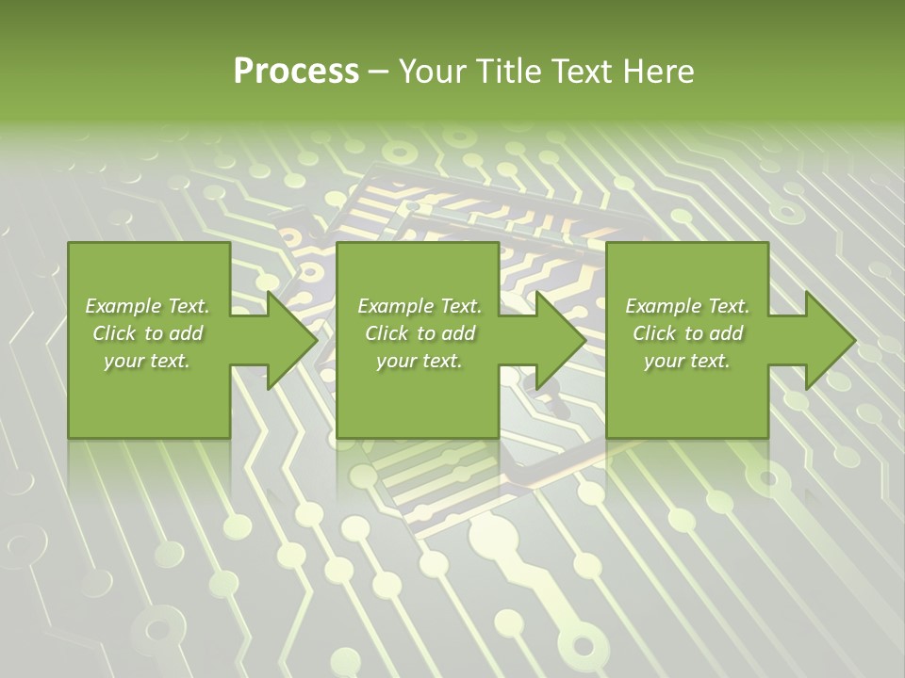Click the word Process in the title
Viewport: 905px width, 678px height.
click(296, 72)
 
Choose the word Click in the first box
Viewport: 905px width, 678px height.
click(114, 333)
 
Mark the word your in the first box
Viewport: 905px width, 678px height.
click(123, 361)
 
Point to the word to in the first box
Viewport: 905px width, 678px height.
click(155, 333)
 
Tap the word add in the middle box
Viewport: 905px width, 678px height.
click(458, 333)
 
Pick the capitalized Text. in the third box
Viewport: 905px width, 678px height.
click(728, 306)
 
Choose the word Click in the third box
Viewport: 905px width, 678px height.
click(654, 333)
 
